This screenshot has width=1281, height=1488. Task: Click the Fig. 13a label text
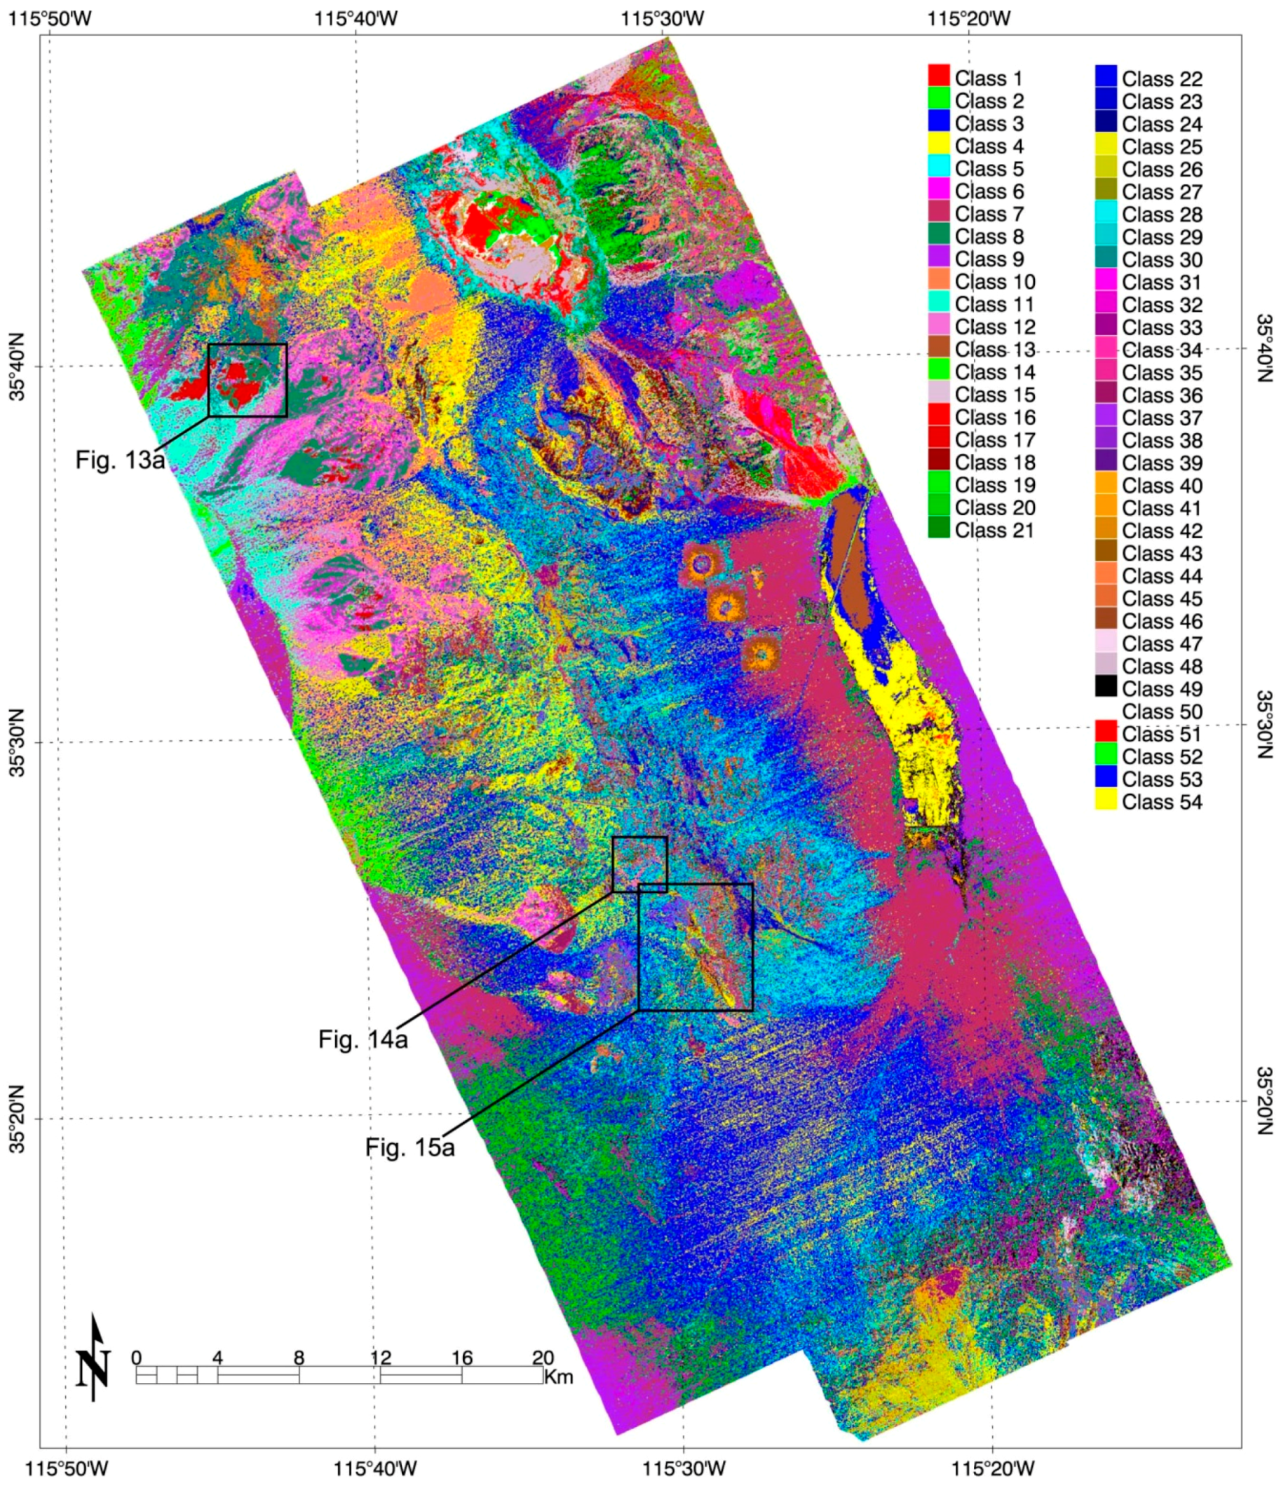pos(120,458)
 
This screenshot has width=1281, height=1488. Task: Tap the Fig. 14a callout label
pos(362,1039)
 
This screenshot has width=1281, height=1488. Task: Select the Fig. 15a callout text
pos(409,1147)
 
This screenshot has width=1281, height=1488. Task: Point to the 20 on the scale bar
pos(543,1356)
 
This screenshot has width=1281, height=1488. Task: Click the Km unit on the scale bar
pos(559,1377)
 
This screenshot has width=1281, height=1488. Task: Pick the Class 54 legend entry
pos(1161,801)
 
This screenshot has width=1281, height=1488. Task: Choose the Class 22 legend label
pos(1161,79)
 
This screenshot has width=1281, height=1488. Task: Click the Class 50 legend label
pos(1161,711)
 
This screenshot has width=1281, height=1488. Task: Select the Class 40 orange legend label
pos(1161,485)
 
